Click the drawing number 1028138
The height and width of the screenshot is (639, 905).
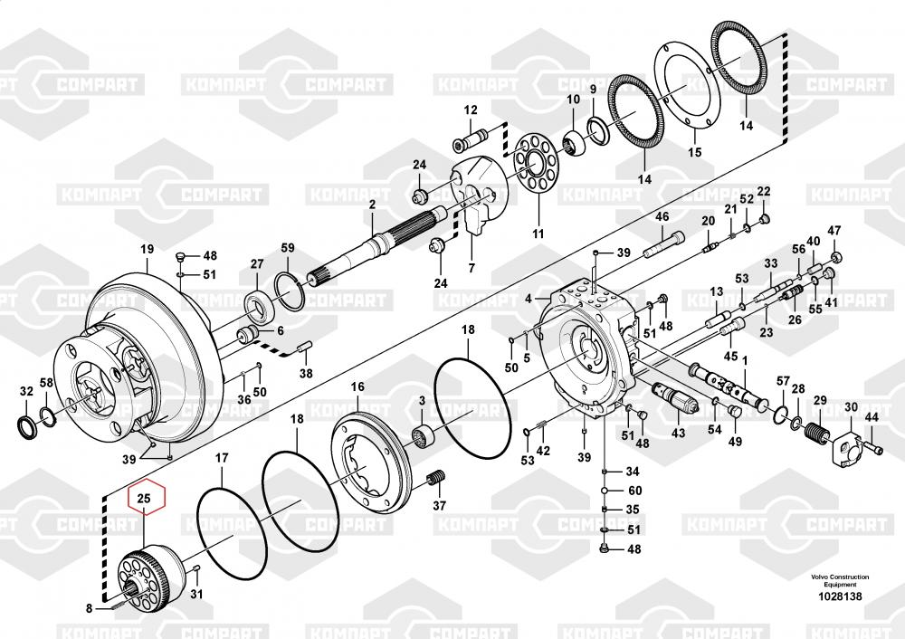click(840, 596)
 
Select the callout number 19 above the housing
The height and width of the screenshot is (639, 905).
click(148, 250)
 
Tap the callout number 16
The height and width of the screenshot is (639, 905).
click(357, 386)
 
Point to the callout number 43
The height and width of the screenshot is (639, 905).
click(678, 433)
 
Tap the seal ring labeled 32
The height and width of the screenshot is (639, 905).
click(27, 426)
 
